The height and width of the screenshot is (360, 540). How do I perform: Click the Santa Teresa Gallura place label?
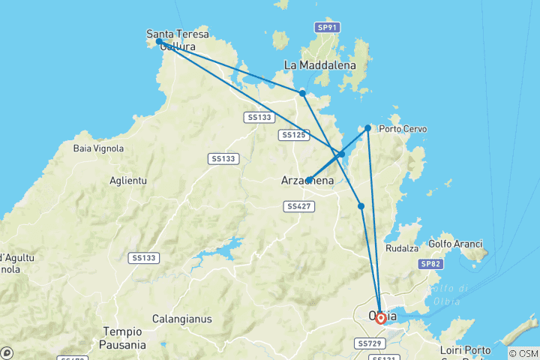point(177,40)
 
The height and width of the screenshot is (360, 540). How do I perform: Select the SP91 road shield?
point(327,27)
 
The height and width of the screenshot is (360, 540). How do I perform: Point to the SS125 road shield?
point(293,135)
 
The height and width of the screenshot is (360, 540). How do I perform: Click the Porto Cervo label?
point(403,129)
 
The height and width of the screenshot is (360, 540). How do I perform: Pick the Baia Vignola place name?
point(98,148)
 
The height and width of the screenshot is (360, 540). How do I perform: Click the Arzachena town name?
point(308,181)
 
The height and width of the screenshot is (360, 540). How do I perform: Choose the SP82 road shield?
point(430,264)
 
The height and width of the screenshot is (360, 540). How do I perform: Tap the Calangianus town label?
point(181,319)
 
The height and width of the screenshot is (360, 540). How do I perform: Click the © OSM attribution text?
point(523,353)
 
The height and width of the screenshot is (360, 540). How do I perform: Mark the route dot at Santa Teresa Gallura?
point(159,42)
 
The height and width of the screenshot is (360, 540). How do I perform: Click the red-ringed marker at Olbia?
point(381,319)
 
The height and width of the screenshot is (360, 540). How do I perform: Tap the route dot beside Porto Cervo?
point(368,128)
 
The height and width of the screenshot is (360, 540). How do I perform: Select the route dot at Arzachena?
point(309,180)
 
